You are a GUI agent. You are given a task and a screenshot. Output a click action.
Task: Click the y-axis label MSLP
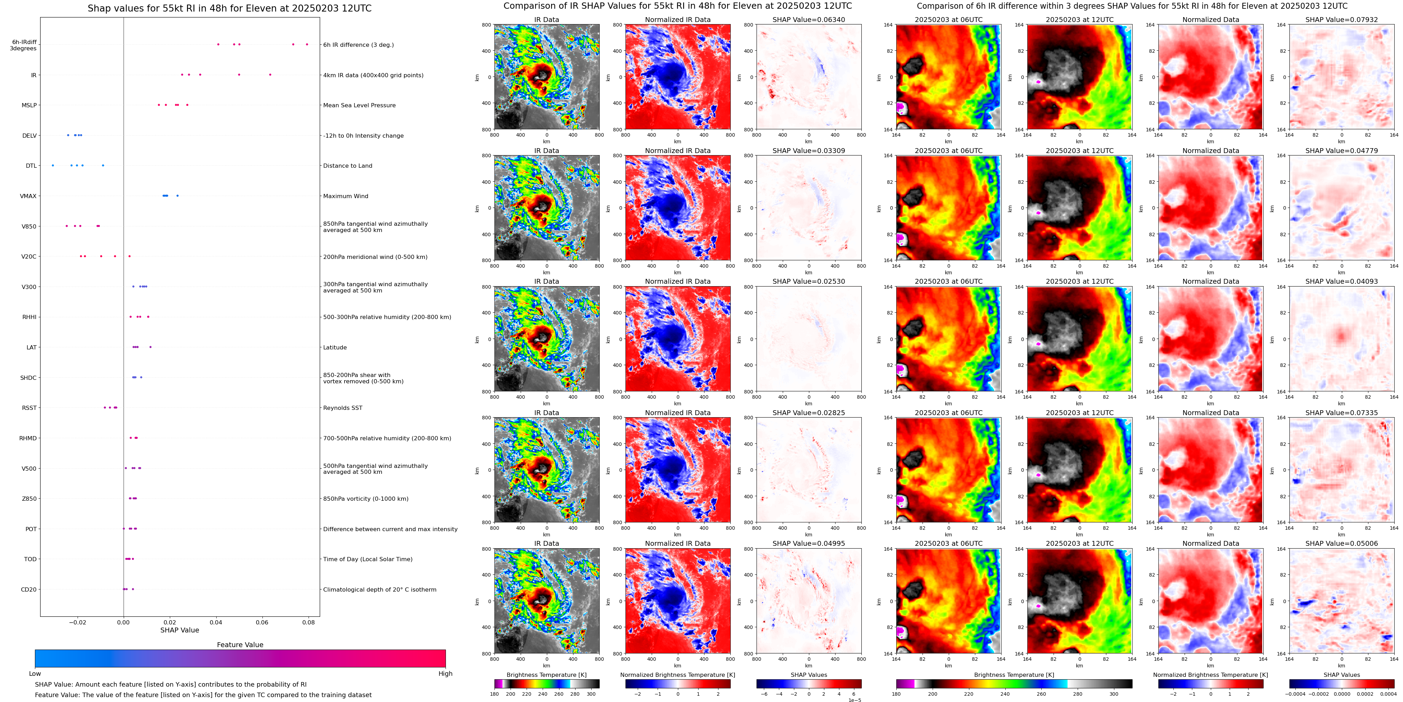(x=29, y=105)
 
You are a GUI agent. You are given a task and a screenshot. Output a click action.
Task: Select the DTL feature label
(x=31, y=166)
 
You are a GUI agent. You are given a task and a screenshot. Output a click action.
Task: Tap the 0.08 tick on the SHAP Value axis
(x=308, y=622)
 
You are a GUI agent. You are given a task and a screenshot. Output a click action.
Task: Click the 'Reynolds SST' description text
(x=342, y=408)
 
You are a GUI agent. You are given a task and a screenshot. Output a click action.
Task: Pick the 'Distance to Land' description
(x=347, y=166)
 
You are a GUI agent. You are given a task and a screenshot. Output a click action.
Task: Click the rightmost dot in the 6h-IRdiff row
(x=307, y=44)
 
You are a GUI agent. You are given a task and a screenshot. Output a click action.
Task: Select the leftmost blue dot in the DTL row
(x=53, y=165)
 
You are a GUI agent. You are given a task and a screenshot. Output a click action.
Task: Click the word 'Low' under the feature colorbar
(x=35, y=674)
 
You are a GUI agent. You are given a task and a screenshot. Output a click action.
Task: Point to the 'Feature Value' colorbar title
(x=240, y=645)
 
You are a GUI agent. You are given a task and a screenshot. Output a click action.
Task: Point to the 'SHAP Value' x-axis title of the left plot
(x=179, y=630)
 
